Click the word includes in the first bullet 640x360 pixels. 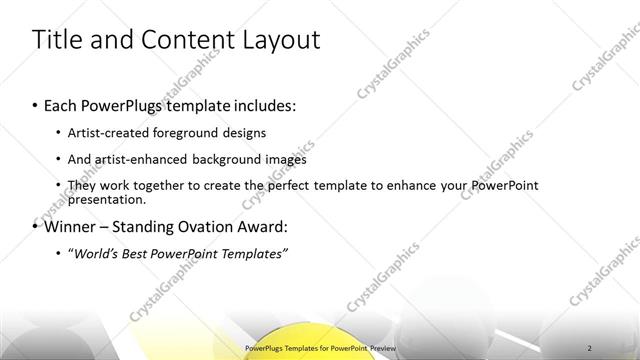point(263,105)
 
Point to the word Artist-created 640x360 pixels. point(107,133)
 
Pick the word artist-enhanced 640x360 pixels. point(149,159)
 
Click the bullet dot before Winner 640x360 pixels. point(36,226)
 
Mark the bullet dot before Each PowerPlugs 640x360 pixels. point(36,105)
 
